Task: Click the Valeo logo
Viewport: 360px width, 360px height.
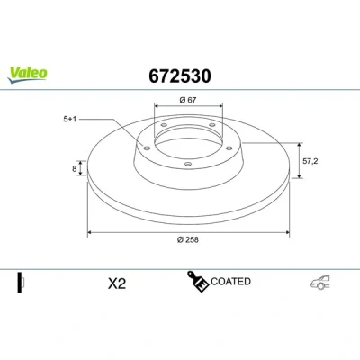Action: [x=27, y=74]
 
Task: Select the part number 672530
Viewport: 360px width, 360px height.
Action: [x=180, y=76]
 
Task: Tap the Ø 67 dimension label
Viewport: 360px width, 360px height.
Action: [x=188, y=100]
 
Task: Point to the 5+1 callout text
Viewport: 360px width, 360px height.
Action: [x=69, y=119]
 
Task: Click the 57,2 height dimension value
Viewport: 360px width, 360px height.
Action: [x=310, y=161]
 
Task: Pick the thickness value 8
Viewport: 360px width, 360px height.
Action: [x=75, y=169]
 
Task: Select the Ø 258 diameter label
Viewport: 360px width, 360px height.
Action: [x=188, y=239]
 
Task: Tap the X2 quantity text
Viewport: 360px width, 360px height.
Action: [x=117, y=283]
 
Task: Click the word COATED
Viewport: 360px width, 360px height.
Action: [x=230, y=282]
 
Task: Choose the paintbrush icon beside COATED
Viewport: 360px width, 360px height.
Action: [x=198, y=281]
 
